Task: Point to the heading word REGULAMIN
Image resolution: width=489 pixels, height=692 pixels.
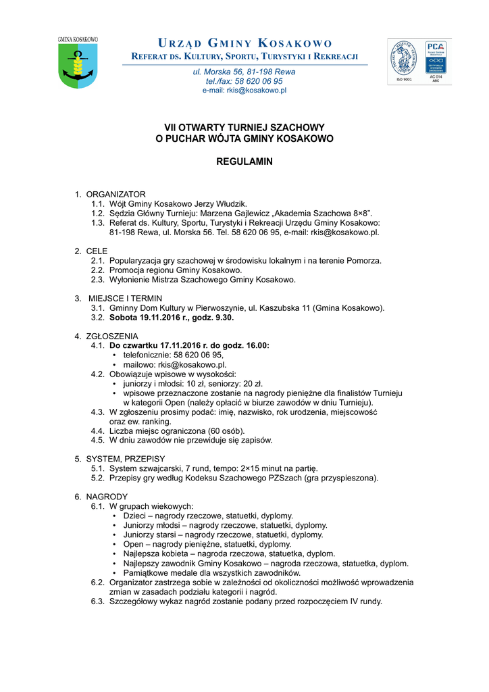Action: pyautogui.click(x=244, y=162)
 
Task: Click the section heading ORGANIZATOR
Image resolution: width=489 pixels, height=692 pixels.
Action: pyautogui.click(x=115, y=195)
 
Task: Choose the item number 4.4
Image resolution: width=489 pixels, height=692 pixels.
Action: pyautogui.click(x=98, y=430)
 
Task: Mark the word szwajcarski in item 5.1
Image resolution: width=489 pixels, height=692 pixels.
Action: pyautogui.click(x=161, y=468)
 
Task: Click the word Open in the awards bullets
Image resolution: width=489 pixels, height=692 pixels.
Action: pyautogui.click(x=133, y=544)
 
